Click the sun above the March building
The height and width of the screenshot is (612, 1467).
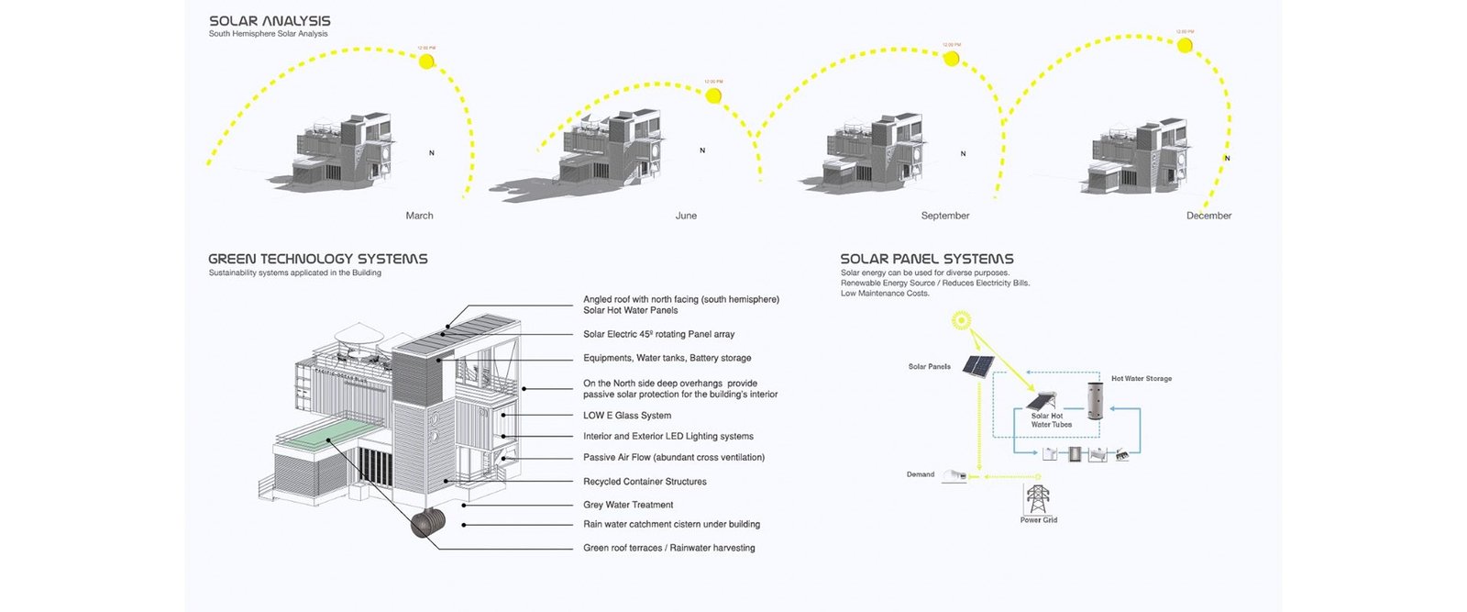click(x=426, y=61)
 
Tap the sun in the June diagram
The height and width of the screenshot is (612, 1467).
click(x=713, y=95)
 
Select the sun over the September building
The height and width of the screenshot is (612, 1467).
click(x=951, y=59)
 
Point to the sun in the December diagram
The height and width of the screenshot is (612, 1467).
click(x=1185, y=45)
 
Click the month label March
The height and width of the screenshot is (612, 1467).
click(x=419, y=216)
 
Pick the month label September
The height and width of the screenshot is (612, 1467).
click(x=944, y=216)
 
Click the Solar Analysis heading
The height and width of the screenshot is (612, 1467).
click(x=270, y=20)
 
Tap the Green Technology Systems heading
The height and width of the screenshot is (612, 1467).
click(x=317, y=259)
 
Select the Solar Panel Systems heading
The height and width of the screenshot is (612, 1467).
click(x=927, y=259)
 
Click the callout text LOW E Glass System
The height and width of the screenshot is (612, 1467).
click(x=627, y=416)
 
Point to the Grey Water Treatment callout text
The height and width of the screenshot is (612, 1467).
click(x=628, y=505)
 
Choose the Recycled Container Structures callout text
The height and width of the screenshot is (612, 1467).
click(x=645, y=482)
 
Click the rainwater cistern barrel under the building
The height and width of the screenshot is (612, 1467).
click(x=427, y=524)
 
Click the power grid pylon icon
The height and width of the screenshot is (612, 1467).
click(x=1037, y=499)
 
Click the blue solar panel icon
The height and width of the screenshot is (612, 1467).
click(x=978, y=367)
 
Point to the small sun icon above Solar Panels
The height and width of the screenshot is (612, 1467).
click(x=960, y=319)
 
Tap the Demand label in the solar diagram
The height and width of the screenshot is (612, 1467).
click(x=921, y=474)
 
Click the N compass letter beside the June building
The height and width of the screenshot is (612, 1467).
click(x=702, y=150)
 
